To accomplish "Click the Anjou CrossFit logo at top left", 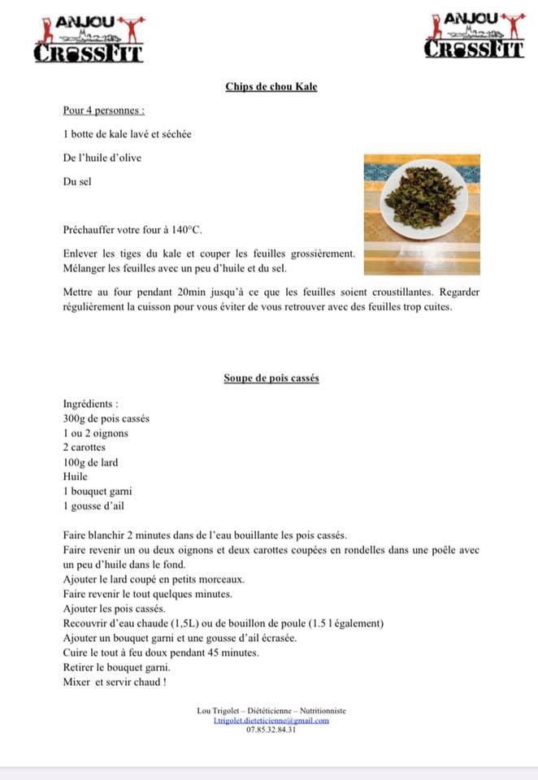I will pyautogui.click(x=89, y=38).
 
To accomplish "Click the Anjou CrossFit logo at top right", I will pyautogui.click(x=475, y=35).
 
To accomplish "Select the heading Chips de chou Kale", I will pyautogui.click(x=271, y=87).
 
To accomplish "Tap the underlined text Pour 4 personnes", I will pyautogui.click(x=104, y=110).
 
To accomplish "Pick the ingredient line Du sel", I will pyautogui.click(x=77, y=181).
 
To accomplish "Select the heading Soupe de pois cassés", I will pyautogui.click(x=271, y=379).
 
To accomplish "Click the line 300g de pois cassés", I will pyautogui.click(x=106, y=418).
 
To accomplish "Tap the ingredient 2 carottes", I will pyautogui.click(x=85, y=448).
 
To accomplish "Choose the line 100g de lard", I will pyautogui.click(x=90, y=462).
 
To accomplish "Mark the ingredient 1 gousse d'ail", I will pyautogui.click(x=94, y=506).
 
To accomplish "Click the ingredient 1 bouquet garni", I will pyautogui.click(x=97, y=492).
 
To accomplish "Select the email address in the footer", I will pyautogui.click(x=271, y=720).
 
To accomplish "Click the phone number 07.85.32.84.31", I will pyautogui.click(x=271, y=729).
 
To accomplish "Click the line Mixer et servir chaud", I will pyautogui.click(x=114, y=682).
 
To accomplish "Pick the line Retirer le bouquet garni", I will pyautogui.click(x=116, y=667).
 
